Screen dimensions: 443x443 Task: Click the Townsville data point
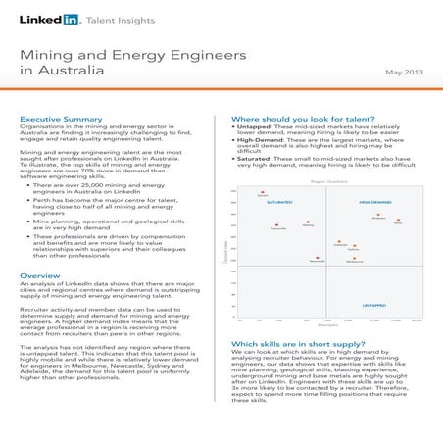(277, 225)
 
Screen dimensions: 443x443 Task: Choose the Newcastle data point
(316, 259)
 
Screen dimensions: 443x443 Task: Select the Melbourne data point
(354, 258)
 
